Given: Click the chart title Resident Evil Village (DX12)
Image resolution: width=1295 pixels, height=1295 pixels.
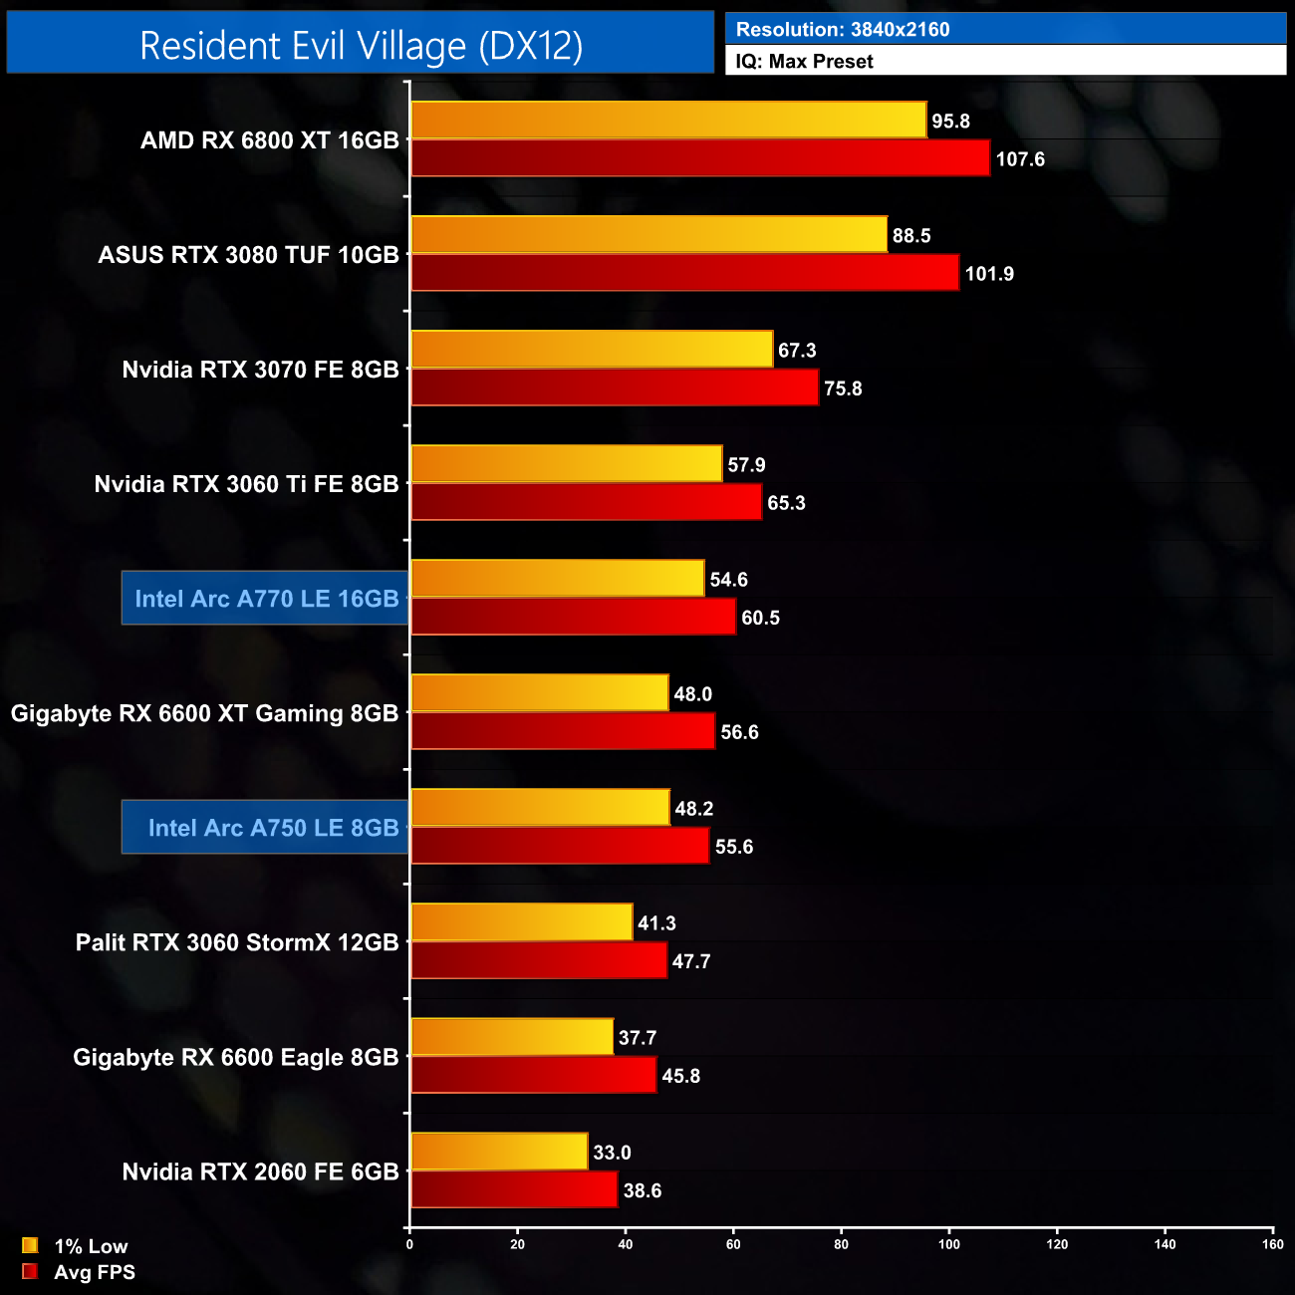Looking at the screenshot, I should click(361, 45).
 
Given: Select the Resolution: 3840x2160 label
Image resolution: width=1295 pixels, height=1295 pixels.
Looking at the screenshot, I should click(843, 30).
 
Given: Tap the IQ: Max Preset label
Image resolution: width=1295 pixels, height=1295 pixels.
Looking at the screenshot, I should click(804, 62).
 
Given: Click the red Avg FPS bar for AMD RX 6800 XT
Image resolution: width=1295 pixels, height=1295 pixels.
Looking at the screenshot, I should click(700, 158).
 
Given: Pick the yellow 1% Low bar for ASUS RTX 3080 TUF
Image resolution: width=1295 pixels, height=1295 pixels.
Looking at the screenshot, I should click(648, 235).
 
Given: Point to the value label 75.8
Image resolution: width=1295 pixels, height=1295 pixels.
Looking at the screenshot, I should click(843, 388).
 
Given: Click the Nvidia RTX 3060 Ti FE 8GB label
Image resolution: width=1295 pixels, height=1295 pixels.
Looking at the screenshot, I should click(246, 484).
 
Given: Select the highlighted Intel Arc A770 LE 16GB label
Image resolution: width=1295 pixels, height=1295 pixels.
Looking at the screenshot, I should click(266, 599).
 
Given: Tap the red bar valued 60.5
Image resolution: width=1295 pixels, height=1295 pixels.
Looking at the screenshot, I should click(573, 617).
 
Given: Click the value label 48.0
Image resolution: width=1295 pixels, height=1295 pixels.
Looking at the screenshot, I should click(693, 694).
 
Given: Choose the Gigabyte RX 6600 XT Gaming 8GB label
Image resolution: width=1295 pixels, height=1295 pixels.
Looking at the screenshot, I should click(204, 713).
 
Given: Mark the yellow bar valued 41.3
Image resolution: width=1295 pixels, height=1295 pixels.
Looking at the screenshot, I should click(521, 922).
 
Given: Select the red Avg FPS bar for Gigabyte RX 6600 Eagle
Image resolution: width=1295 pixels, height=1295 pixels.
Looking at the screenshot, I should click(533, 1075).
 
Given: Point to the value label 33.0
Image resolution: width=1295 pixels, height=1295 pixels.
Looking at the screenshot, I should click(612, 1153).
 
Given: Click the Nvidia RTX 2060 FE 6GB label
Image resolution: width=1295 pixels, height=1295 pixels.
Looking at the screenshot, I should click(260, 1171).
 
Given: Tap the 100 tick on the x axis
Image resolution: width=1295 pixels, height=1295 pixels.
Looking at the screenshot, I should click(949, 1244).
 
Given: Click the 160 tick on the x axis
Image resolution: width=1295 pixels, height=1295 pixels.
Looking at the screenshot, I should click(1272, 1244).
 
